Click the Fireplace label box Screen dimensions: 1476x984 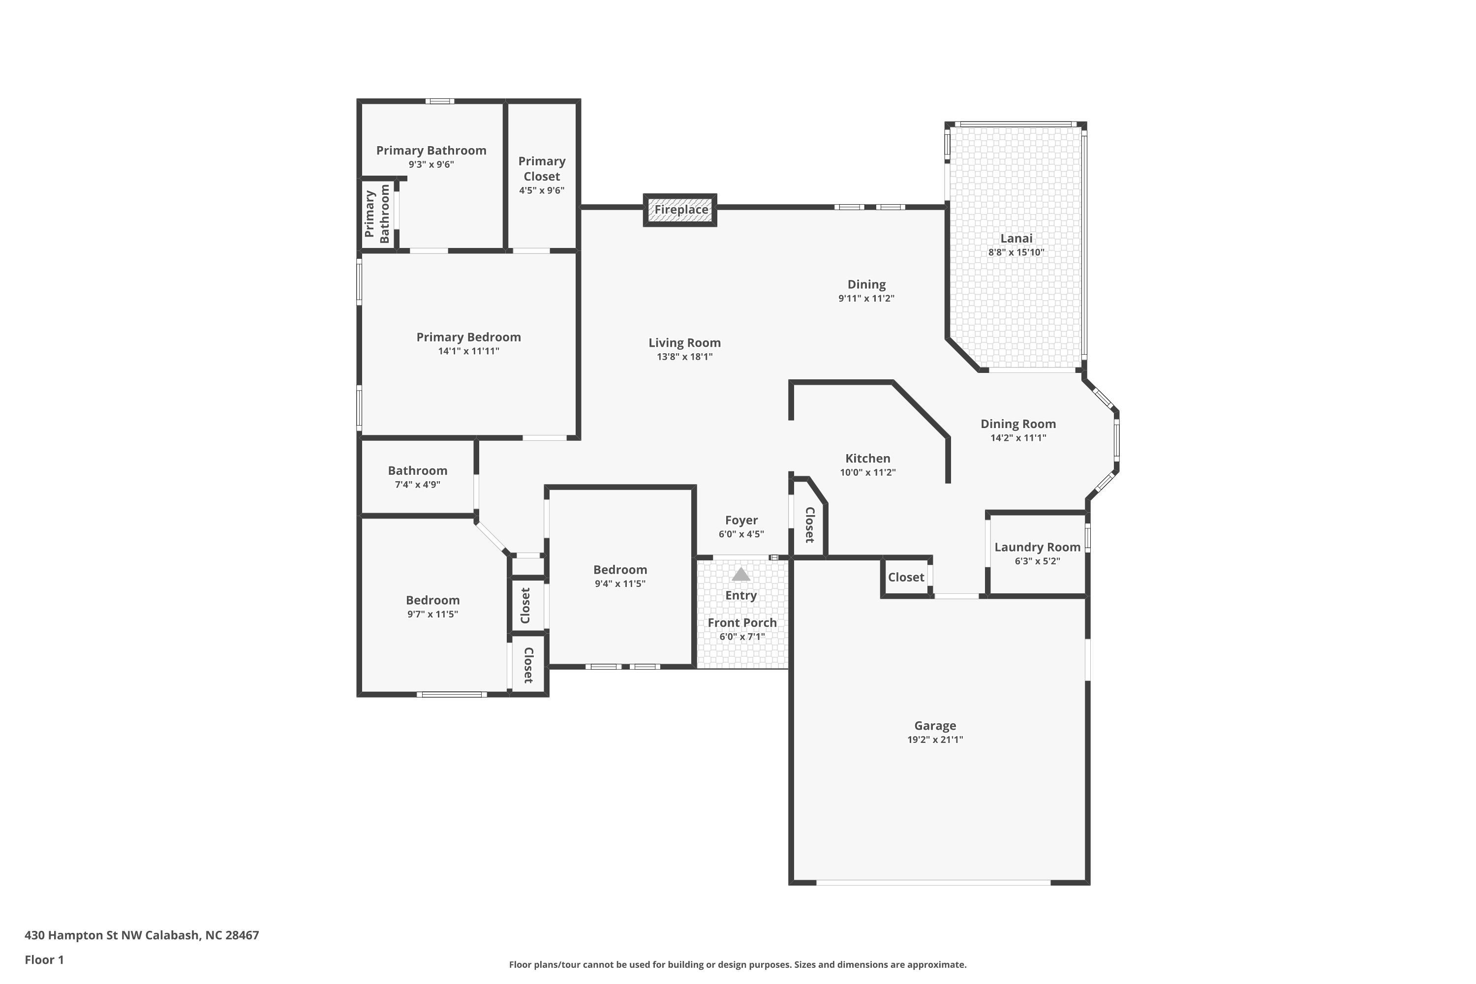pyautogui.click(x=680, y=210)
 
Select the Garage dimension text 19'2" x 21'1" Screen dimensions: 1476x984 pyautogui.click(x=935, y=740)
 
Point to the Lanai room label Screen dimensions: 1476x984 pyautogui.click(x=1016, y=239)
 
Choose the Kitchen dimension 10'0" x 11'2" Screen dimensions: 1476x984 pyautogui.click(x=868, y=472)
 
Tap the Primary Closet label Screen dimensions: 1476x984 pyautogui.click(x=542, y=169)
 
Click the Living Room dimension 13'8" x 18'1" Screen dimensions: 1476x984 pyautogui.click(x=685, y=357)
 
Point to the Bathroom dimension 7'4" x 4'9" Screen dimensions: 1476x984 pyautogui.click(x=417, y=485)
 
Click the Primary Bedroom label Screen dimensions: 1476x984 pyautogui.click(x=469, y=337)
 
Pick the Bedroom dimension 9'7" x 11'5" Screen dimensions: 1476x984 pyautogui.click(x=432, y=615)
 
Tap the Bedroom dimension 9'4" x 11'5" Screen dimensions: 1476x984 pyautogui.click(x=620, y=584)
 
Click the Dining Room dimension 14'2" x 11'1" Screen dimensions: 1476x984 pyautogui.click(x=1018, y=438)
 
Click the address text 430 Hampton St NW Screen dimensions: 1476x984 pyautogui.click(x=84, y=935)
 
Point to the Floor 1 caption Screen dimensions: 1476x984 pyautogui.click(x=44, y=959)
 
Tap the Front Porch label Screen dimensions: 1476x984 pyautogui.click(x=742, y=622)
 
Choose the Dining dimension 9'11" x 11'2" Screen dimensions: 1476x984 pyautogui.click(x=866, y=299)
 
